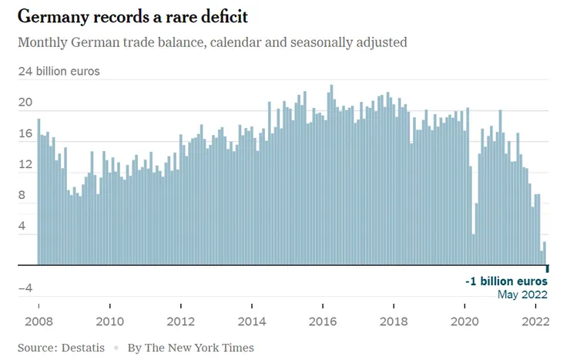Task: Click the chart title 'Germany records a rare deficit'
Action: [x=132, y=16]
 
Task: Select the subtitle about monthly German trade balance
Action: [x=213, y=42]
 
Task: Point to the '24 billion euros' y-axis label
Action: [x=59, y=72]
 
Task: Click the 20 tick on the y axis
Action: [x=25, y=103]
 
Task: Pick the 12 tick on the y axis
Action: [x=25, y=164]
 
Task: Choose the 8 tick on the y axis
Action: [x=28, y=196]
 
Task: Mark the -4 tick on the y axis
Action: [x=25, y=288]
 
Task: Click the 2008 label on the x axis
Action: [x=39, y=321]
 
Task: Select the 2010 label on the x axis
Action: [x=109, y=321]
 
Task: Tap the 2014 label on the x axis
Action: [x=252, y=321]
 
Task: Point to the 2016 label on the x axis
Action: [x=323, y=321]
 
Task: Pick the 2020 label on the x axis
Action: [x=465, y=321]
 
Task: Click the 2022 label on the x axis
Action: [x=535, y=321]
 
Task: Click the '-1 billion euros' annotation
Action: [x=506, y=281]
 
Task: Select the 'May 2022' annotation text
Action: [x=523, y=294]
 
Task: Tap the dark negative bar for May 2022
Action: [x=548, y=268]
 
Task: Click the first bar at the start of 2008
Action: [x=39, y=193]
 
